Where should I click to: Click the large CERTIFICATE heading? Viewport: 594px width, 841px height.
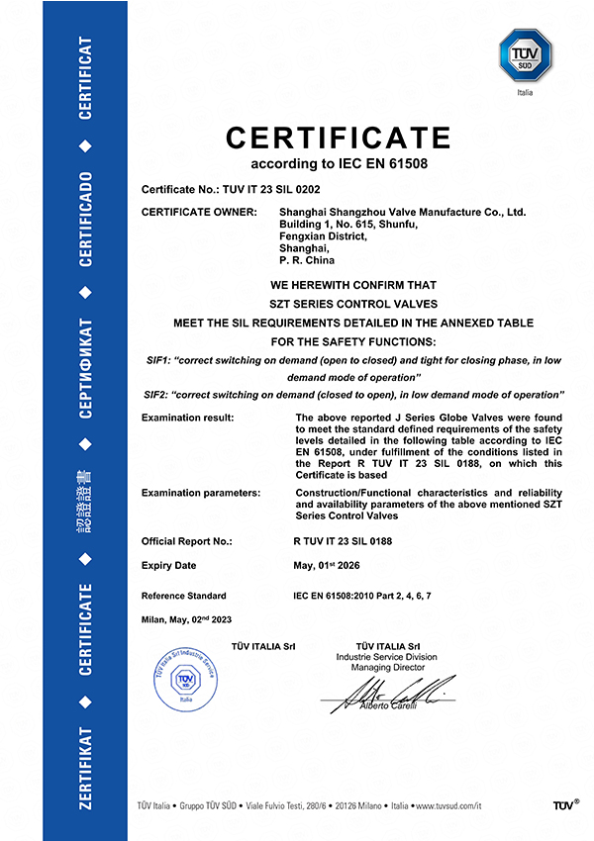pyautogui.click(x=338, y=137)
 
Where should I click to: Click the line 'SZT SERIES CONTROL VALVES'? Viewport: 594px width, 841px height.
pyautogui.click(x=353, y=304)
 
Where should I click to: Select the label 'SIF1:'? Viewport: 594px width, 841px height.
pyautogui.click(x=157, y=360)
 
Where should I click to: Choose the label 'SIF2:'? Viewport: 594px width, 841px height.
pyautogui.click(x=157, y=395)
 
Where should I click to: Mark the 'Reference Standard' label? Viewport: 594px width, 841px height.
pyautogui.click(x=184, y=596)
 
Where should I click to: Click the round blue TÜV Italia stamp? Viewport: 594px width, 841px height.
pyautogui.click(x=183, y=678)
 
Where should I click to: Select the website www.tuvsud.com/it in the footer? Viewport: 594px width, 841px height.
pyautogui.click(x=448, y=806)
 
